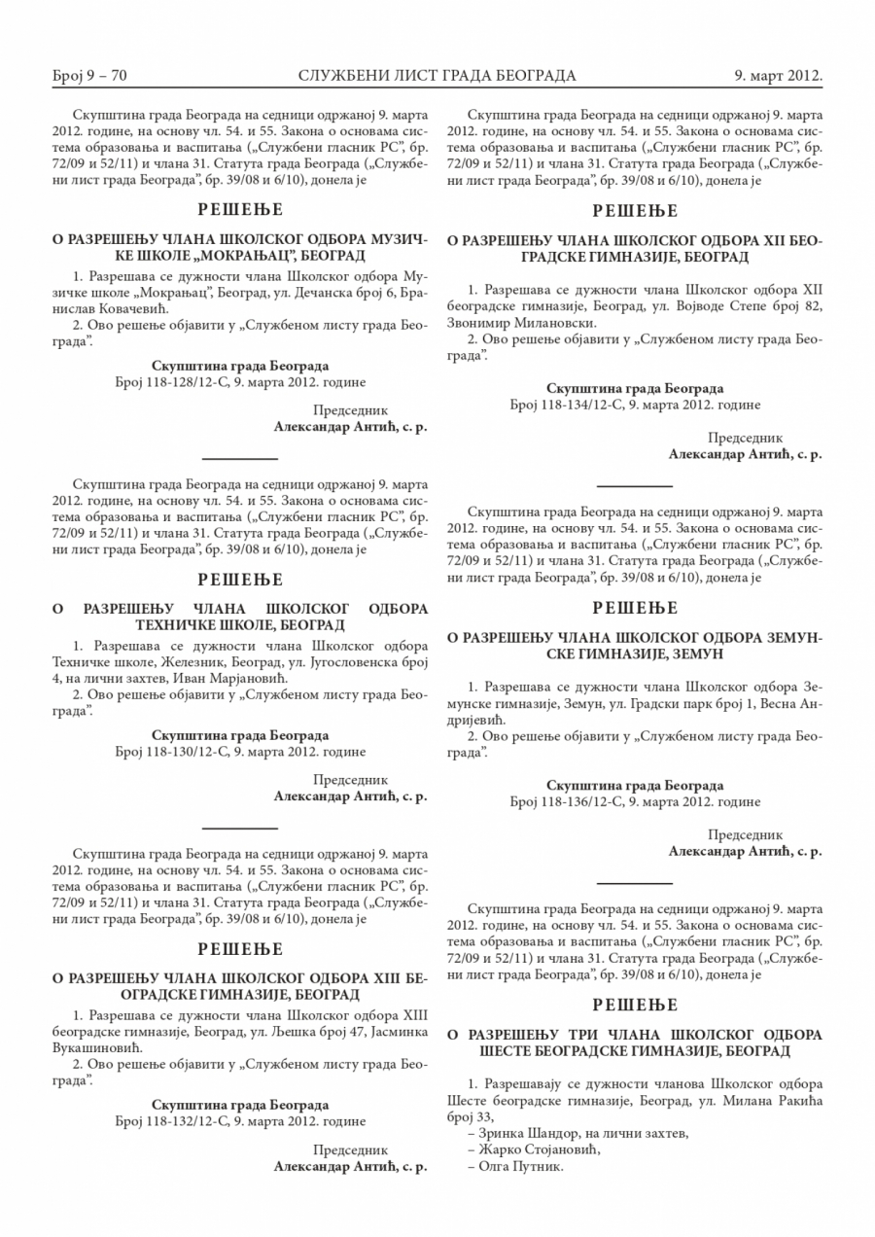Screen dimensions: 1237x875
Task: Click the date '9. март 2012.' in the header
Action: (779, 75)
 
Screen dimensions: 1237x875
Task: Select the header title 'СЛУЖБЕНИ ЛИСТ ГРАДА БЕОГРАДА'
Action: (437, 75)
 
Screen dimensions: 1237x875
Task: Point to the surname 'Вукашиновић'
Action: (97, 1049)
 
